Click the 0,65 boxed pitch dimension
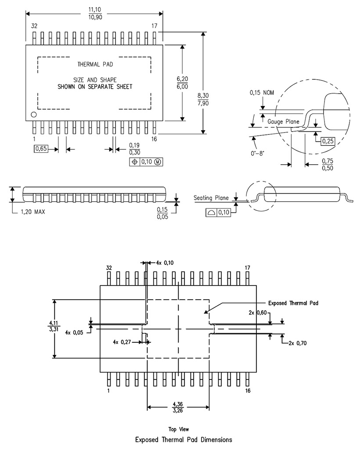[41, 148]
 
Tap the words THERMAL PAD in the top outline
[95, 64]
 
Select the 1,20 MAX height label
[32, 211]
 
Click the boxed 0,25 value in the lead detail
[328, 141]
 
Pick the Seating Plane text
[211, 198]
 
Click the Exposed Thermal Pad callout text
[293, 303]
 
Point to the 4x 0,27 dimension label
[122, 341]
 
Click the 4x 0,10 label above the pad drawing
[165, 263]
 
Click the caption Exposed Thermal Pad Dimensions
[184, 439]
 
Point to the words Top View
[179, 429]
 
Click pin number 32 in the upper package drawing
[34, 26]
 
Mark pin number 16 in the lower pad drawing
[248, 391]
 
